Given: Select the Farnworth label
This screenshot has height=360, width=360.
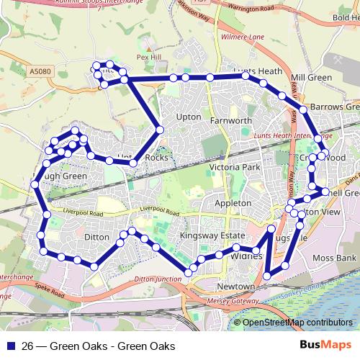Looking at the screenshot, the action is [230, 120].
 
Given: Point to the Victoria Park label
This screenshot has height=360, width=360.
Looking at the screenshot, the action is [233, 167].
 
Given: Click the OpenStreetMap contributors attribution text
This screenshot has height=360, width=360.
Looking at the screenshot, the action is [297, 323].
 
